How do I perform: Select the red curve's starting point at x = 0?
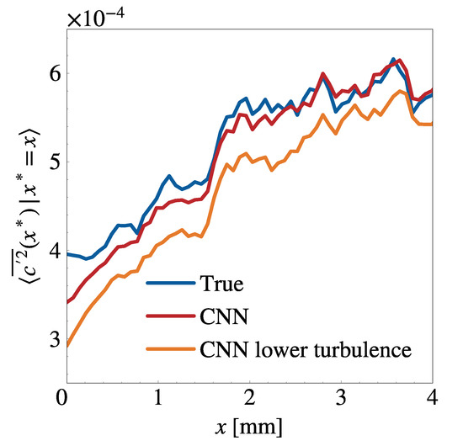65,302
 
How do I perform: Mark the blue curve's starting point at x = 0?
65,254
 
